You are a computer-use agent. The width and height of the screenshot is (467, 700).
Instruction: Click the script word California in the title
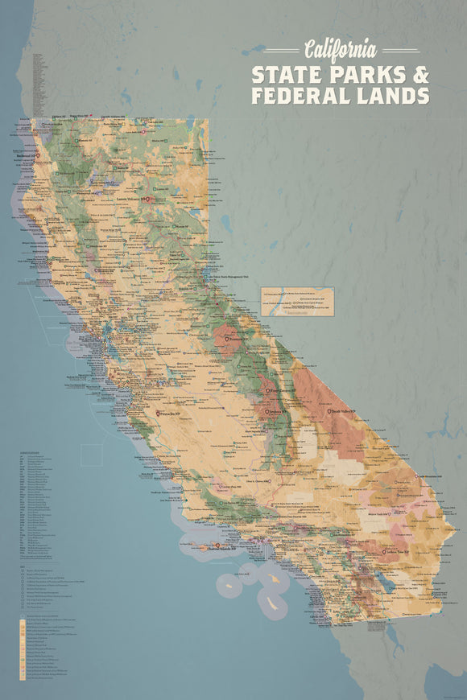pyautogui.click(x=339, y=48)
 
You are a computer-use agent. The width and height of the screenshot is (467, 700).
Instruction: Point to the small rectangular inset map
pyautogui.click(x=297, y=302)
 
